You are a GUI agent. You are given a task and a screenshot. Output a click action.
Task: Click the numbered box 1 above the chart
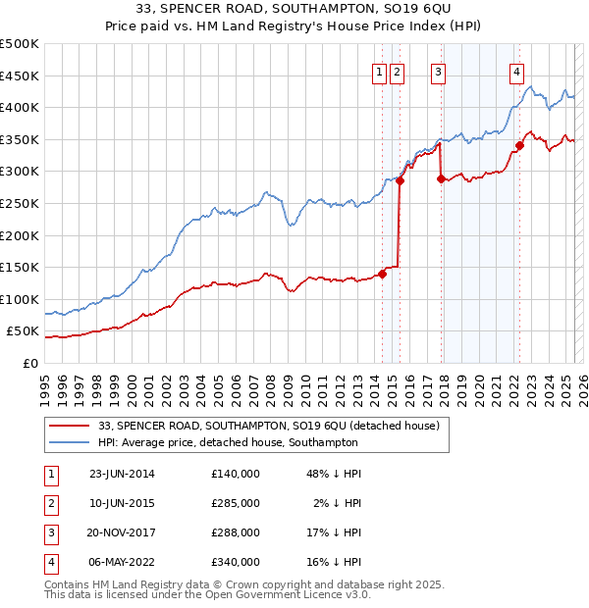coord(379,71)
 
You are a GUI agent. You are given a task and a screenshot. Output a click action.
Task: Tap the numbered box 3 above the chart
coord(438,71)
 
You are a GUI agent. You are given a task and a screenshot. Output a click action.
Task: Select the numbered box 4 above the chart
coord(516,71)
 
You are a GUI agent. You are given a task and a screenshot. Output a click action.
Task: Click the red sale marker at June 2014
coord(382,274)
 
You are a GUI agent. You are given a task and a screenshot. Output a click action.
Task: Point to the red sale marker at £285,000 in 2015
coord(400,181)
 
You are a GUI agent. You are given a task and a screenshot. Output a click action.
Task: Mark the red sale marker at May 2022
coord(520,146)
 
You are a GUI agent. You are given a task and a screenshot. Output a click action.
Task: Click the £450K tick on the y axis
coord(20,76)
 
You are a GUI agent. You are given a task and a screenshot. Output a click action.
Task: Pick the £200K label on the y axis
coord(20,235)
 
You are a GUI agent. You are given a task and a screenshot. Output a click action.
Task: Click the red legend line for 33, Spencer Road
coord(70,426)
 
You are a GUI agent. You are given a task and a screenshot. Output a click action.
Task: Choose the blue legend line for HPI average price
coord(70,443)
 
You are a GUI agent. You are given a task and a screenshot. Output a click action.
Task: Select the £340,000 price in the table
coord(236,562)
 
